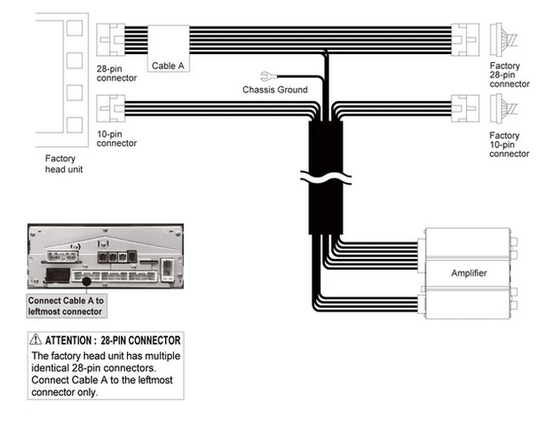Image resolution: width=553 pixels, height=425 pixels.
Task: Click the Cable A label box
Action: pos(169,49)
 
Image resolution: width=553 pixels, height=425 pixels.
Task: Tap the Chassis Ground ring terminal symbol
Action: pos(266,76)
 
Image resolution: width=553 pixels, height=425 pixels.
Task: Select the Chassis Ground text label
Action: pos(275,90)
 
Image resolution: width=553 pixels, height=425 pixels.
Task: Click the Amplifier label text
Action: pos(469,273)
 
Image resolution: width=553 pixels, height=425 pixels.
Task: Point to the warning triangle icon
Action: pos(36,339)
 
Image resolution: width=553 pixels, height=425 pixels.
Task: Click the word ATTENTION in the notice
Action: pos(68,341)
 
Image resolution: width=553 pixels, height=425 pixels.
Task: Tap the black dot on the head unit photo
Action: pos(86,281)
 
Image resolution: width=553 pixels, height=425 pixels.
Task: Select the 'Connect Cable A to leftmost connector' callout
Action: pos(67,306)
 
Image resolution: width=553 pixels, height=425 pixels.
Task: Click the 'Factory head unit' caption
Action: pos(64,164)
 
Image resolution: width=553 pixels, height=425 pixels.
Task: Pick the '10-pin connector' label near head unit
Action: pos(116,138)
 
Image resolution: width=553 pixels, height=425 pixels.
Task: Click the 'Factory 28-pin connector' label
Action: pos(510,75)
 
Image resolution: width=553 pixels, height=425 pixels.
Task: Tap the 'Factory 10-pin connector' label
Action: pos(509,145)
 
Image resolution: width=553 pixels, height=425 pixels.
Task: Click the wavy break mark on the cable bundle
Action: pos(326,177)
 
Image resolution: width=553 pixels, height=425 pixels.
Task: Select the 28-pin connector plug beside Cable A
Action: pos(110,39)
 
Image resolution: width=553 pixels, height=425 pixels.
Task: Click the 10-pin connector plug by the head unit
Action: pos(111,108)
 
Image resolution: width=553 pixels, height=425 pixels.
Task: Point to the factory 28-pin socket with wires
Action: pos(503,39)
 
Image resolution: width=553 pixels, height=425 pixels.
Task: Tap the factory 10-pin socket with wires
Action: pos(503,108)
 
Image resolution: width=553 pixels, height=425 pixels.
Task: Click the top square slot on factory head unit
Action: pos(75,28)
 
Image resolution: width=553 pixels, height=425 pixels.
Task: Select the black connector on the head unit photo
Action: pos(58,275)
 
